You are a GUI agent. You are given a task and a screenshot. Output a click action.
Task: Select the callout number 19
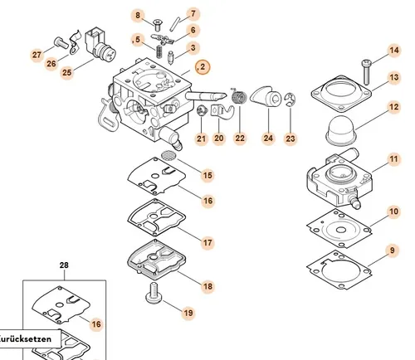(x=188, y=314)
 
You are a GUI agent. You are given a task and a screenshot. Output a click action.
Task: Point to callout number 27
(x=37, y=56)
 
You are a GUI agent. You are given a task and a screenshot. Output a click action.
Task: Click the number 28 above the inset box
(x=63, y=265)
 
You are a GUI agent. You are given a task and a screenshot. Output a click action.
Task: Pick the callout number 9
(x=392, y=251)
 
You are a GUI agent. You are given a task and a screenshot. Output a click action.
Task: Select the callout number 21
(x=201, y=138)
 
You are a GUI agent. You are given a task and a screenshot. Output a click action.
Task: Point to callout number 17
(x=207, y=244)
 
